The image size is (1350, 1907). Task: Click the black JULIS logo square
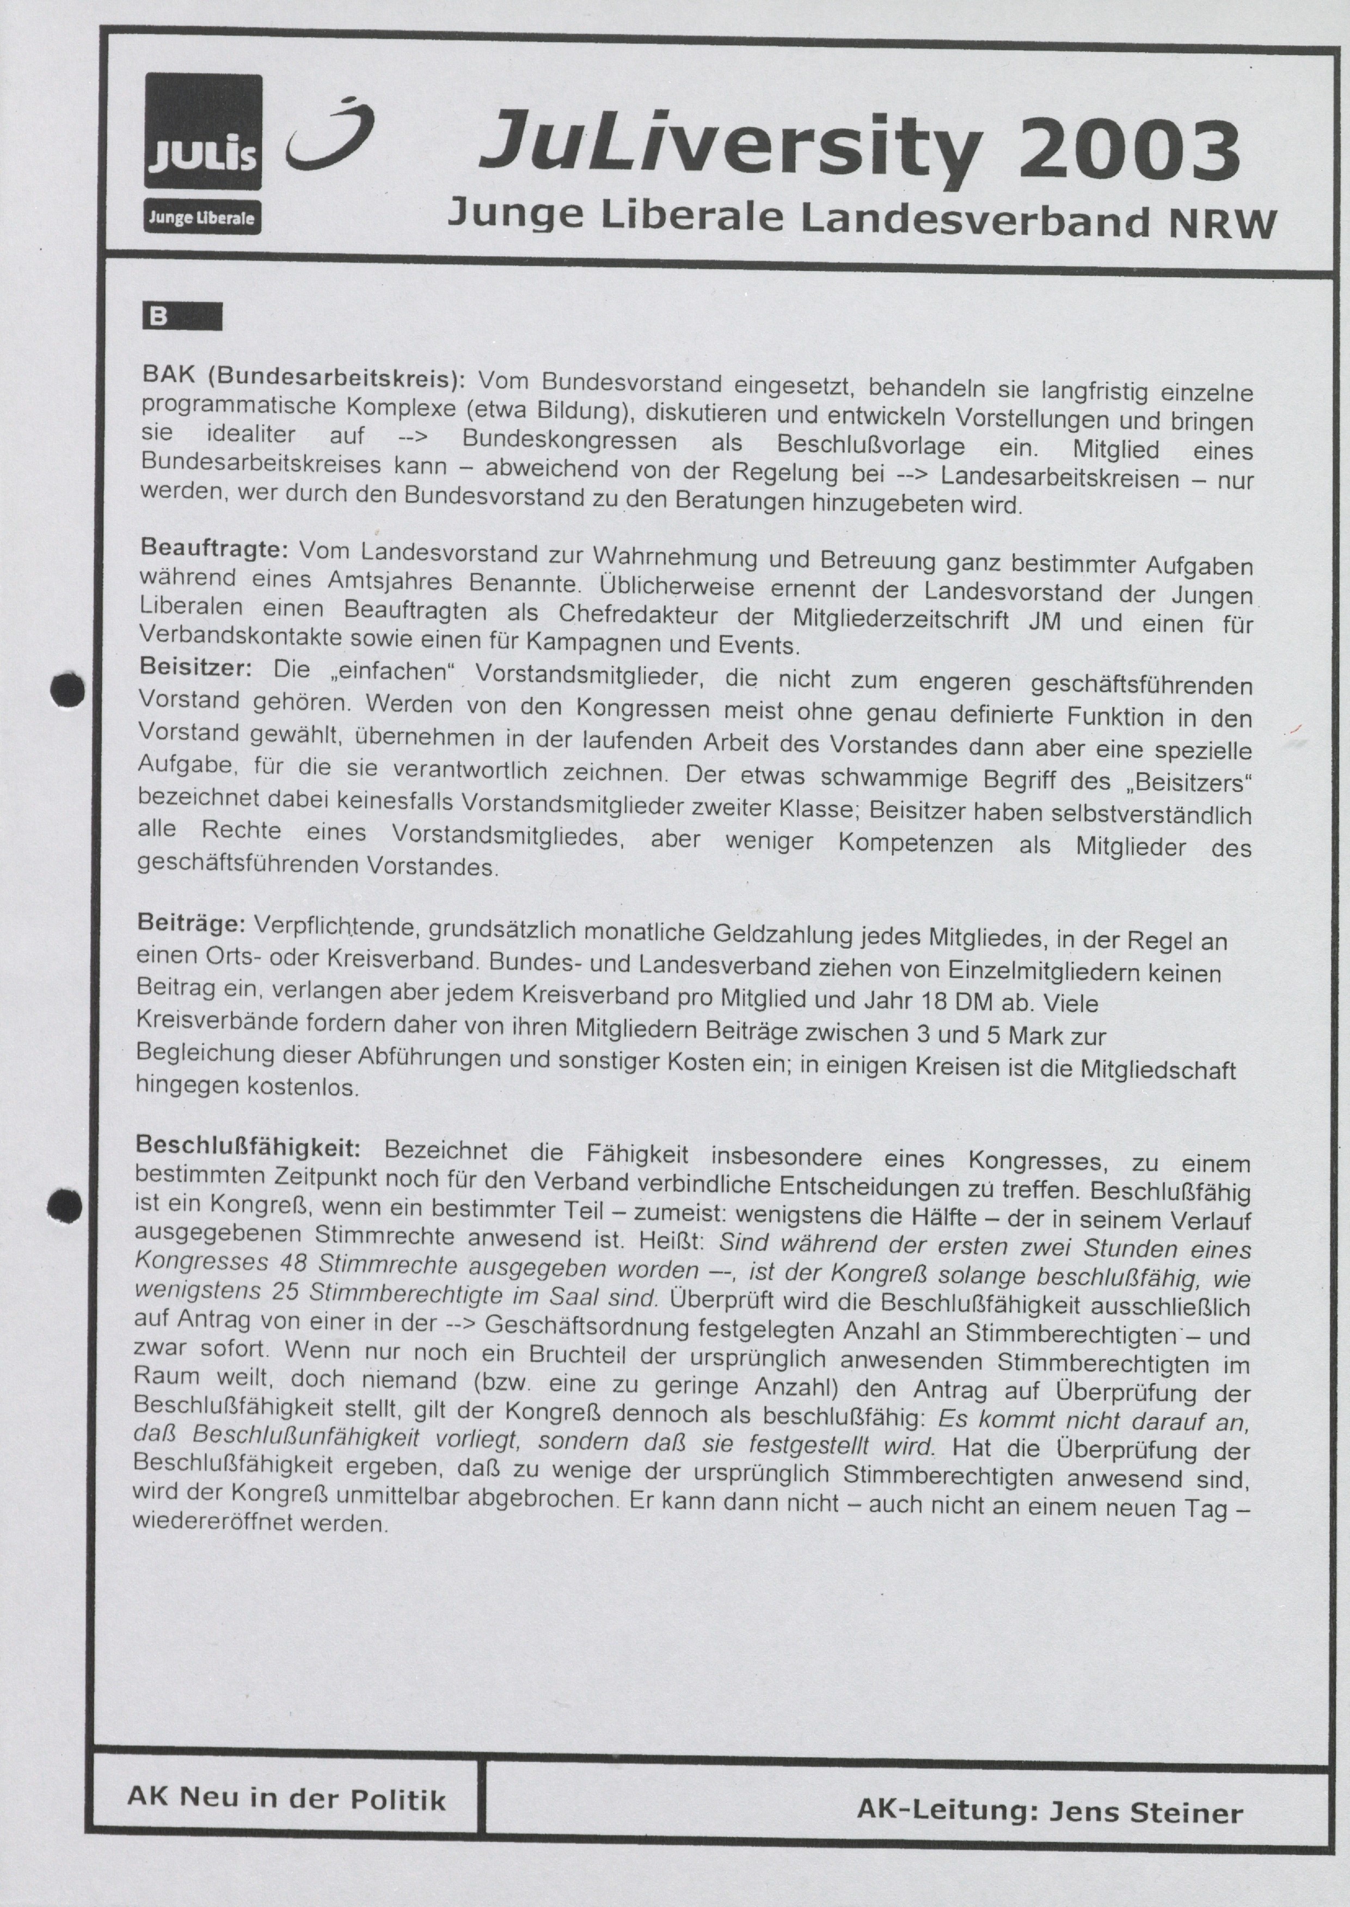point(204,131)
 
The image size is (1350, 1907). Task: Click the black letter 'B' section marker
point(158,317)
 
